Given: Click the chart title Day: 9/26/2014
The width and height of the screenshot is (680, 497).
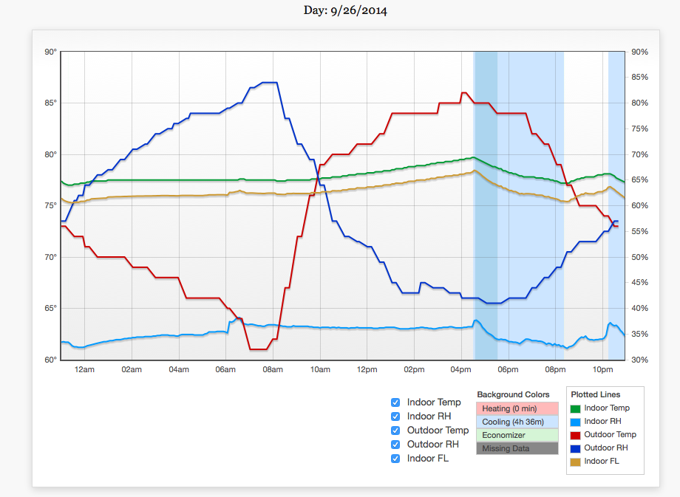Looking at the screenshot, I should pos(345,11).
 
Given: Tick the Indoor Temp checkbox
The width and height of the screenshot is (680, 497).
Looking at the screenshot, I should pos(395,402).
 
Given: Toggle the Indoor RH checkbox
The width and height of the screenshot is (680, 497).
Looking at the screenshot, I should pos(395,417).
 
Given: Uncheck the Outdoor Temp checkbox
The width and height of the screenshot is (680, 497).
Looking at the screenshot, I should pos(395,431).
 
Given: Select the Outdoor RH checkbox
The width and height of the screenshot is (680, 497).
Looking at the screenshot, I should pos(395,445).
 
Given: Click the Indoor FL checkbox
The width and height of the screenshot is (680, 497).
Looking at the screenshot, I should pos(395,459).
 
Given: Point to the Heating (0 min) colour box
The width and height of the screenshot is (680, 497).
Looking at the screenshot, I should pos(517,408).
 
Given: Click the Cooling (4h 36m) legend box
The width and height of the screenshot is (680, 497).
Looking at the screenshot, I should pos(517,422).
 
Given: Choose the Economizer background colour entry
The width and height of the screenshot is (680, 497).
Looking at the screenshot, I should pos(517,435).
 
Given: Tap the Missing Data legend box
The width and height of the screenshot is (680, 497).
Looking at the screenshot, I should pos(517,448).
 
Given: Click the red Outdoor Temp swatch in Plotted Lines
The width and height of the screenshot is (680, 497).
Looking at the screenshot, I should pos(576,435).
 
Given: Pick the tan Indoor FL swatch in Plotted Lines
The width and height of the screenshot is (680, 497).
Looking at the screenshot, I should pos(576,462).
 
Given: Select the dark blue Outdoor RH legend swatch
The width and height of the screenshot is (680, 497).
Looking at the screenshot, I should pos(576,448).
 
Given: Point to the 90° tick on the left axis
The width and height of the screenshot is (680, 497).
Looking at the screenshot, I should pos(50,52).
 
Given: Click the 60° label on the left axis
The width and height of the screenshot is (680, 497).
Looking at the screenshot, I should pos(50,360).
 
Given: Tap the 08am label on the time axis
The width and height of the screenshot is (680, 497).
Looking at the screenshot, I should pos(273,369).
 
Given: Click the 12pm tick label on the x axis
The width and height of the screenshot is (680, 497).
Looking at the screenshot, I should pos(367,369).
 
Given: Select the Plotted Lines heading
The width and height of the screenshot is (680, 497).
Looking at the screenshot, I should pos(596,395).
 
